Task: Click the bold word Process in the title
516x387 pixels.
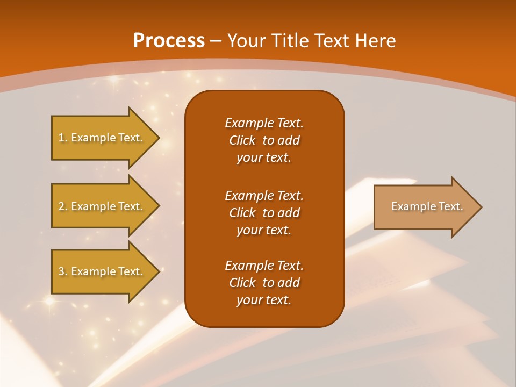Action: [169, 41]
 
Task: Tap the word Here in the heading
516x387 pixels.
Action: [375, 41]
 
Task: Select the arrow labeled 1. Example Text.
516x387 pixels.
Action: [102, 138]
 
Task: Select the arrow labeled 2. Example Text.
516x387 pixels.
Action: [102, 206]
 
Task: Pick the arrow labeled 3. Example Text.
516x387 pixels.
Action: [102, 271]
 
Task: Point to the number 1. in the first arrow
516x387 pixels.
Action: [63, 138]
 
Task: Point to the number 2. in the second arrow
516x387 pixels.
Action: [63, 206]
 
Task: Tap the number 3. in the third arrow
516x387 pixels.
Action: [63, 271]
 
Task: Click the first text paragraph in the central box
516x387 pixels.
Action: [264, 140]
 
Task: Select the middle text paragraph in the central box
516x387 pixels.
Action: [264, 213]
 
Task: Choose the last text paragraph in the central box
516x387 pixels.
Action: [264, 283]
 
